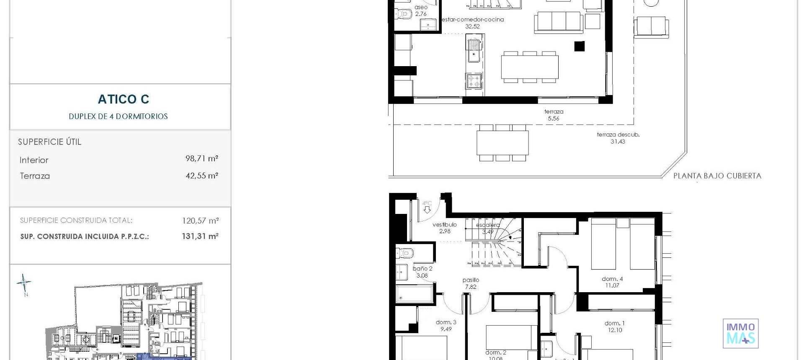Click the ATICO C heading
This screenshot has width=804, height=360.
pos(124,99)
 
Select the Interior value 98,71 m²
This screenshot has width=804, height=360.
pos(201,159)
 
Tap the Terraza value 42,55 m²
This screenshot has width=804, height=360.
pos(201,176)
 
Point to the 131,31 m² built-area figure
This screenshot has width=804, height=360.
pos(200,237)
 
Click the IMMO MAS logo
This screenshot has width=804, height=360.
pos(740,334)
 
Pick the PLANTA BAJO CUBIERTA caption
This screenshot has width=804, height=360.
pos(717,176)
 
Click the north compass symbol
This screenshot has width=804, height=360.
pos(24,284)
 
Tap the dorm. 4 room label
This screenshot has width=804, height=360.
pos(612,279)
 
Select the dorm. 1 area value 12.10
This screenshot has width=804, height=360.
pos(615,330)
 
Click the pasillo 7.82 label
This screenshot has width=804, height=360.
pos(471,283)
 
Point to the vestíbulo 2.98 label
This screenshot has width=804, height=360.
pos(445,228)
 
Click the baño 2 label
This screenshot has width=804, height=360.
pos(423,269)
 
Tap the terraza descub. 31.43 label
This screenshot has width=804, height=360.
pos(618,138)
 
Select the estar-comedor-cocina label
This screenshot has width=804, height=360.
pos(473,20)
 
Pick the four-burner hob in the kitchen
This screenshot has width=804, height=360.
pos(474,80)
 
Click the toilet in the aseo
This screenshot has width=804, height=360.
pos(404,14)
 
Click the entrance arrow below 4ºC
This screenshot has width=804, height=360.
pos(427,210)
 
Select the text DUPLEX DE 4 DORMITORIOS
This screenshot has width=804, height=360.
pos(119,116)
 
